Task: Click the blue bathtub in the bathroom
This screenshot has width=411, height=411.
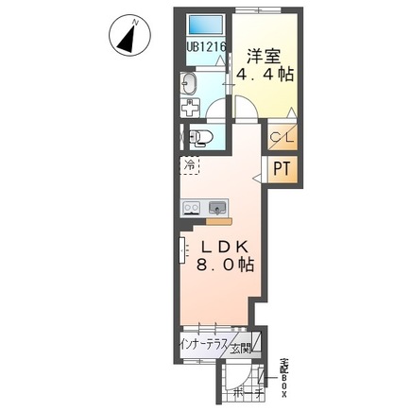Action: click(204, 26)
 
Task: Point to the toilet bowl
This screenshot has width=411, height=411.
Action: click(203, 140)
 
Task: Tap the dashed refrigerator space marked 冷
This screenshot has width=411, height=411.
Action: click(190, 164)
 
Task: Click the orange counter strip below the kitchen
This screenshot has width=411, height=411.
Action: click(218, 222)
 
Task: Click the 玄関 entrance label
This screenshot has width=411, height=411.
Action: click(245, 348)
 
